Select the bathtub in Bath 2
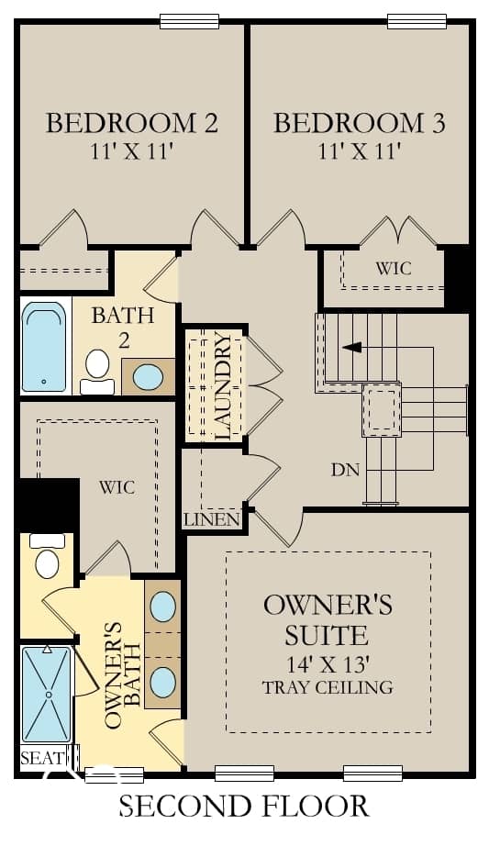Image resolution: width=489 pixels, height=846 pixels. click(x=44, y=346)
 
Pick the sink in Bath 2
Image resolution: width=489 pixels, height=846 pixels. click(x=148, y=377)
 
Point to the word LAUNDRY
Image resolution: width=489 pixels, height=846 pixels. click(x=222, y=386)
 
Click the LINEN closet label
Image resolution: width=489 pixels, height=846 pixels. click(x=212, y=520)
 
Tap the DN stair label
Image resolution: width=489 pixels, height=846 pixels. click(x=346, y=470)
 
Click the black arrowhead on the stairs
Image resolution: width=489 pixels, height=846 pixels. click(x=352, y=348)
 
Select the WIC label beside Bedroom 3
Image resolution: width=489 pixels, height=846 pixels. click(x=393, y=268)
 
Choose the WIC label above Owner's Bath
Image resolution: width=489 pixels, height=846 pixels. click(x=117, y=488)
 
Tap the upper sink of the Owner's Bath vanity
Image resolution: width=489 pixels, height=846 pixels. click(x=162, y=607)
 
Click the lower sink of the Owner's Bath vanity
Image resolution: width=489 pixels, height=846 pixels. click(x=162, y=683)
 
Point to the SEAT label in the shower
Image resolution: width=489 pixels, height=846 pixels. click(x=41, y=758)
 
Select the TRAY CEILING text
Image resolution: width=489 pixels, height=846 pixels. click(x=328, y=687)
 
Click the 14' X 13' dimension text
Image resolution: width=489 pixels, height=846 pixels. click(x=328, y=663)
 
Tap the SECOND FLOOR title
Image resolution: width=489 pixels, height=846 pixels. click(x=244, y=806)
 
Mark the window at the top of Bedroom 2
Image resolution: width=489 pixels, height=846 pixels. click(x=189, y=22)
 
